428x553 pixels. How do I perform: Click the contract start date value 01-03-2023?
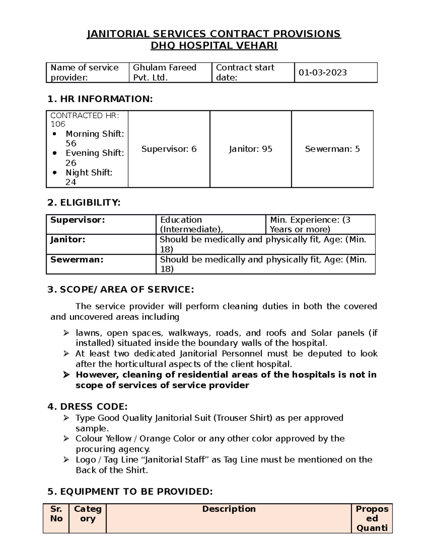pyautogui.click(x=322, y=73)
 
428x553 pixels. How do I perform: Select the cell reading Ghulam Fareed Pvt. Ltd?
pyautogui.click(x=164, y=73)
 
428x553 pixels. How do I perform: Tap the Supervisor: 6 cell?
pyautogui.click(x=169, y=149)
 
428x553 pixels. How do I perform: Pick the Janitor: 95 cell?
pyautogui.click(x=250, y=149)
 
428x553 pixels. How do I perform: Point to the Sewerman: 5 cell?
pyautogui.click(x=332, y=149)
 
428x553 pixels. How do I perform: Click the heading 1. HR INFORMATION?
pyautogui.click(x=100, y=99)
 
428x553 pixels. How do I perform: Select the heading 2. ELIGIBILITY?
pyautogui.click(x=84, y=203)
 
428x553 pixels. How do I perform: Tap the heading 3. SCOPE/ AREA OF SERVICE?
pyautogui.click(x=121, y=289)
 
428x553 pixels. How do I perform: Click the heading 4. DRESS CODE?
pyautogui.click(x=87, y=407)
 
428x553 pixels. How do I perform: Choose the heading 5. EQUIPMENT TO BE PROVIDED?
pyautogui.click(x=130, y=492)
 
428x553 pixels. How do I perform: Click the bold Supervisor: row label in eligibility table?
pyautogui.click(x=78, y=220)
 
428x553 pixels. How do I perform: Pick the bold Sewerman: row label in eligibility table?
pyautogui.click(x=77, y=260)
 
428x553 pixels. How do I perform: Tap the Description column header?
pyautogui.click(x=229, y=509)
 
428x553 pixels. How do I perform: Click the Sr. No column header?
pyautogui.click(x=56, y=514)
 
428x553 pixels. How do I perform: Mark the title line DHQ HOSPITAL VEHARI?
pyautogui.click(x=214, y=46)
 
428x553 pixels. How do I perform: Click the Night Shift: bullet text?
pyautogui.click(x=89, y=173)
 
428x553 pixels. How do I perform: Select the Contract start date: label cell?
pyautogui.click(x=245, y=73)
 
